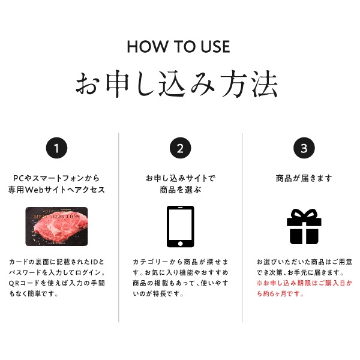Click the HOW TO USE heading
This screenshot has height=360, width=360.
(178, 47)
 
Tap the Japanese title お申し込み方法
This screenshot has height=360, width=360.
(177, 84)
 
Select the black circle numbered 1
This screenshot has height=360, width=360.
(56, 148)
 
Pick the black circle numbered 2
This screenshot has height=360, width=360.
(180, 148)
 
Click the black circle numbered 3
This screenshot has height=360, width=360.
(304, 148)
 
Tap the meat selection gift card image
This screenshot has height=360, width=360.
(56, 226)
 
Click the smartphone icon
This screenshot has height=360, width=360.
(180, 227)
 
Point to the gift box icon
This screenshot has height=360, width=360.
(304, 227)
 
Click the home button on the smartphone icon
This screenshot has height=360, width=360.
(180, 244)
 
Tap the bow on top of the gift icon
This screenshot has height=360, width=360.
(304, 214)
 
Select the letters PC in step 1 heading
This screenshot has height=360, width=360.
(19, 178)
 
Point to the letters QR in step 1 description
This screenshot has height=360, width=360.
(14, 283)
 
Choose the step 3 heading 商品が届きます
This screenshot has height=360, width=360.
(304, 178)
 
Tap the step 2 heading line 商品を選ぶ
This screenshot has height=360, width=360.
(181, 190)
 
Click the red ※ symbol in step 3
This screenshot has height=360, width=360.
(260, 283)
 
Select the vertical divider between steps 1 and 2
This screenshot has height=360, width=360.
(118, 227)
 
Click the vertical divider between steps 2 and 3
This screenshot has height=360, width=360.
(242, 227)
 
